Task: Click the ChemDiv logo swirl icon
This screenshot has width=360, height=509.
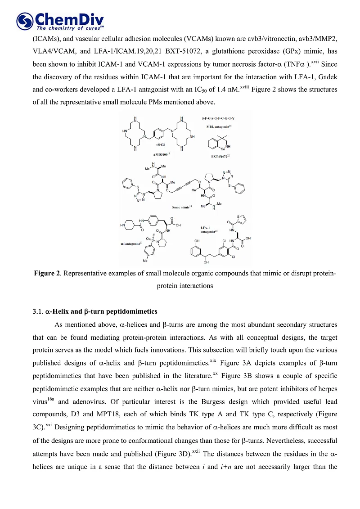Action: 24,21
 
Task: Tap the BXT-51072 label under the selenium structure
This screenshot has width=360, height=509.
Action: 220,156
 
